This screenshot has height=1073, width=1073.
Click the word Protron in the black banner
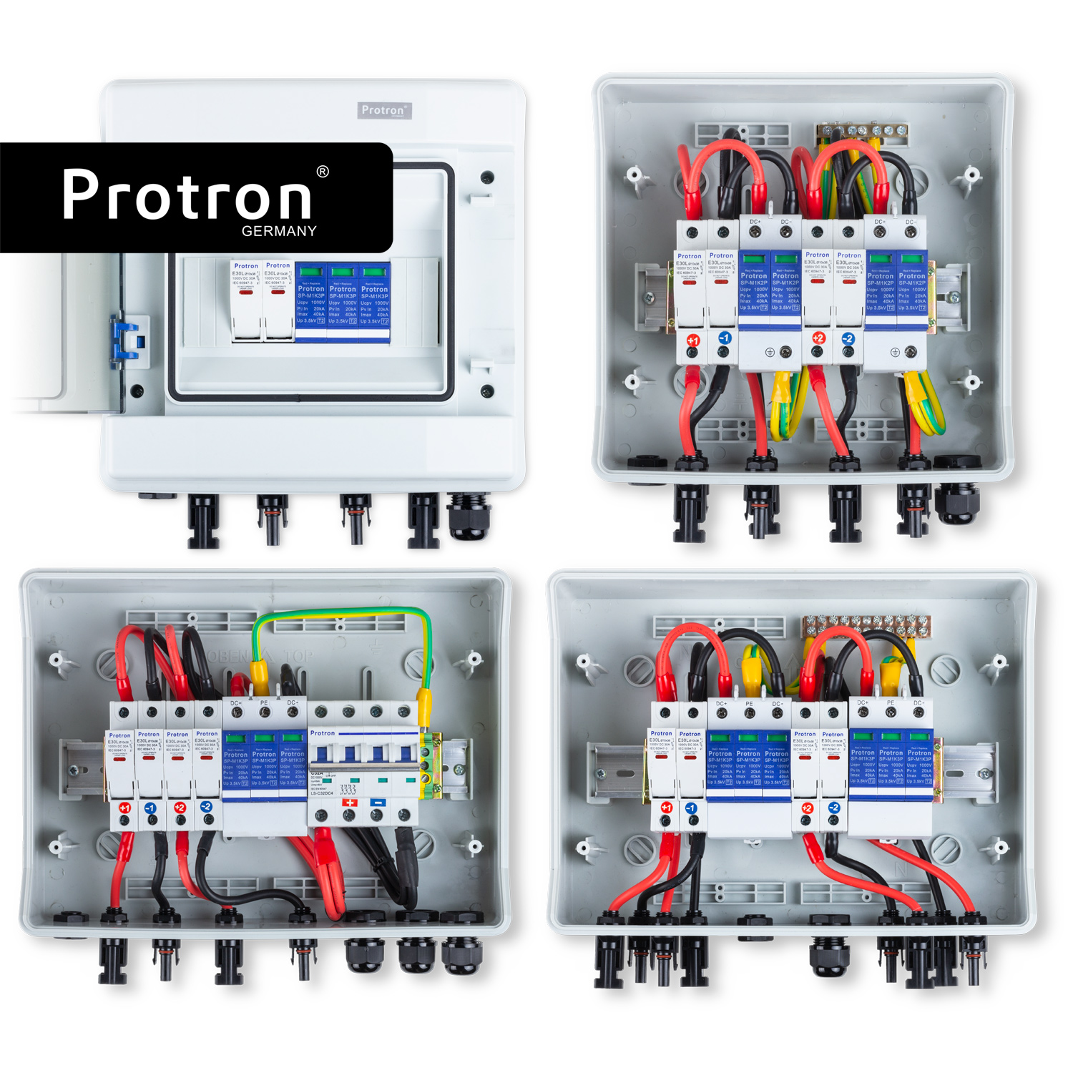pyautogui.click(x=187, y=195)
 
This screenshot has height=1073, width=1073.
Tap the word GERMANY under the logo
pyautogui.click(x=279, y=231)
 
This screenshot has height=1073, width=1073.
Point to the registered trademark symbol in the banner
pyautogui.click(x=323, y=172)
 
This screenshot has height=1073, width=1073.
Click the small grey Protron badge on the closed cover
pyautogui.click(x=384, y=110)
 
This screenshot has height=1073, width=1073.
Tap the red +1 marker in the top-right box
pyautogui.click(x=692, y=340)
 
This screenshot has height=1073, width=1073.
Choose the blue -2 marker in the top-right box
pyautogui.click(x=848, y=338)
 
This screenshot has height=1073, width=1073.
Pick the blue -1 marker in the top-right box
pyautogui.click(x=724, y=338)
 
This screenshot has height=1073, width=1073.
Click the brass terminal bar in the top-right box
pyautogui.click(x=863, y=130)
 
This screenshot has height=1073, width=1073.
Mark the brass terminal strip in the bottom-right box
pyautogui.click(x=866, y=627)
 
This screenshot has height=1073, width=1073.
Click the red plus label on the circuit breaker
pyautogui.click(x=350, y=803)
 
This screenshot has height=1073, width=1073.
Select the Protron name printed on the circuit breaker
pyautogui.click(x=323, y=733)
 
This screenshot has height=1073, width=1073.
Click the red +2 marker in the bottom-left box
pyautogui.click(x=180, y=808)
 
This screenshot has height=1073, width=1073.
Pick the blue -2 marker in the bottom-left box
pyautogui.click(x=207, y=807)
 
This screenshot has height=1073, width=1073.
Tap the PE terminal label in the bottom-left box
pyautogui.click(x=264, y=703)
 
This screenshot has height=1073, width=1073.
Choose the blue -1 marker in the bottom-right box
pyautogui.click(x=691, y=808)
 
